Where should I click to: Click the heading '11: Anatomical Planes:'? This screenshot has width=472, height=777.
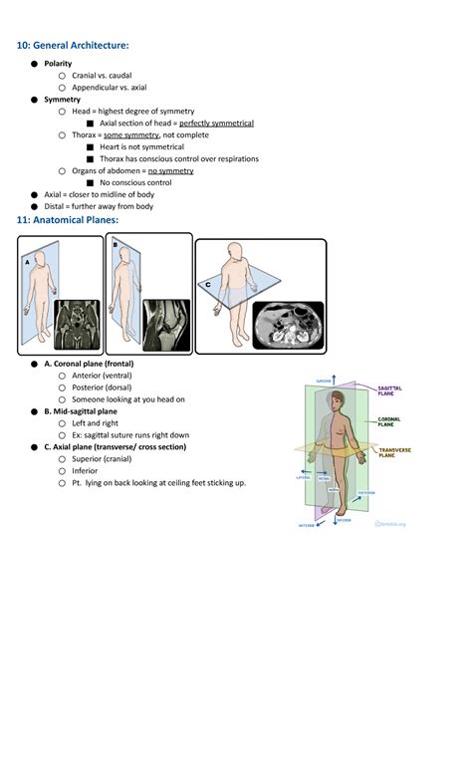(x=67, y=219)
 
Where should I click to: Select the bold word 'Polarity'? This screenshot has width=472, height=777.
(x=58, y=64)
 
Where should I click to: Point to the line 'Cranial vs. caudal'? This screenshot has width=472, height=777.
(x=102, y=76)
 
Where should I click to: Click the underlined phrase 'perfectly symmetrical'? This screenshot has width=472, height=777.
(x=216, y=124)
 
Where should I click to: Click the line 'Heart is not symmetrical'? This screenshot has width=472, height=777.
(x=141, y=147)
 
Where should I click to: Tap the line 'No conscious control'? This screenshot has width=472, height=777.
(x=135, y=183)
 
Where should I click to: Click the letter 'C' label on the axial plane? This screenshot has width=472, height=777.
(x=208, y=285)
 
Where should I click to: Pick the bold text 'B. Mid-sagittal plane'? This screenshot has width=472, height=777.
(x=81, y=410)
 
